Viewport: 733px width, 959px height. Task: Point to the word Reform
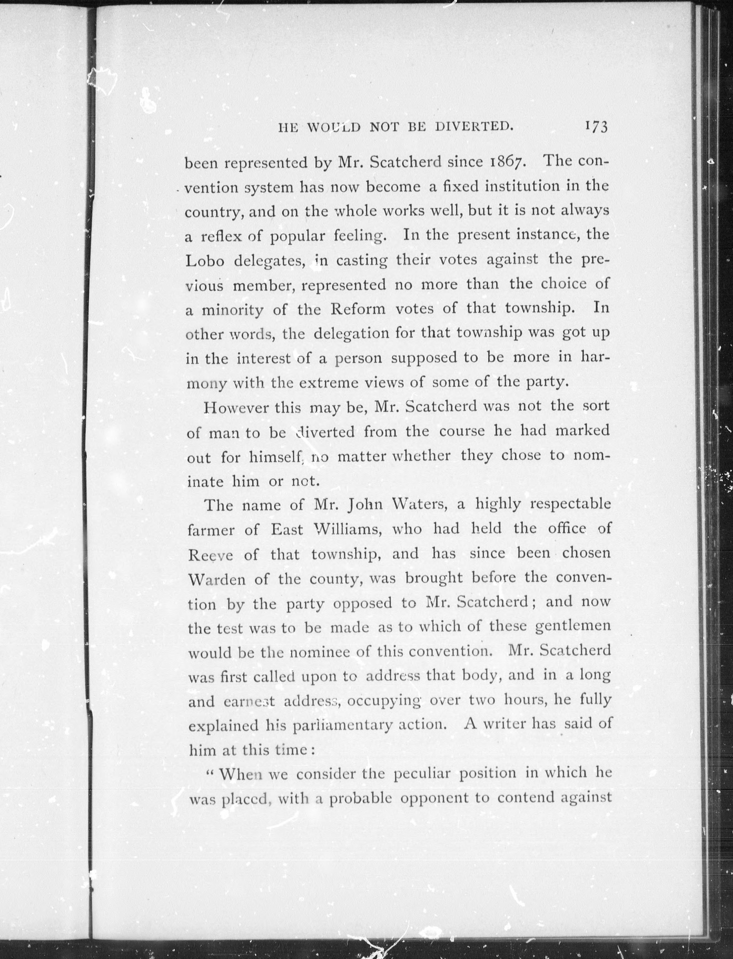click(358, 309)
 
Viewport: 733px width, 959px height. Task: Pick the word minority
click(232, 310)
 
